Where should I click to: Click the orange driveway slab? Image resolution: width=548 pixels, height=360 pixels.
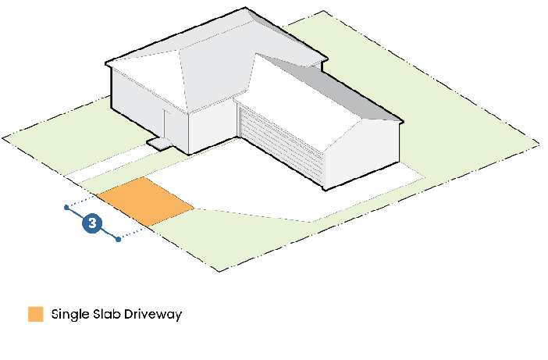coord(146,201)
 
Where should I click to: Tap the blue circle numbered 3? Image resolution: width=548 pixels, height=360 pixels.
coord(93,223)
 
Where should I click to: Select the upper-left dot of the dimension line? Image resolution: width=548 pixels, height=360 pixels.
coord(66,208)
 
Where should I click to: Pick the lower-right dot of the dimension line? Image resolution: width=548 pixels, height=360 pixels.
coord(118,239)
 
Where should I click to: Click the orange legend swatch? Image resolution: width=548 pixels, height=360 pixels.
coord(35,315)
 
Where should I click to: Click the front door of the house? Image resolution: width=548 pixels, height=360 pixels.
coord(166,126)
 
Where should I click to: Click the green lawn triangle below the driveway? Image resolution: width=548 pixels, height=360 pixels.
coord(234,234)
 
